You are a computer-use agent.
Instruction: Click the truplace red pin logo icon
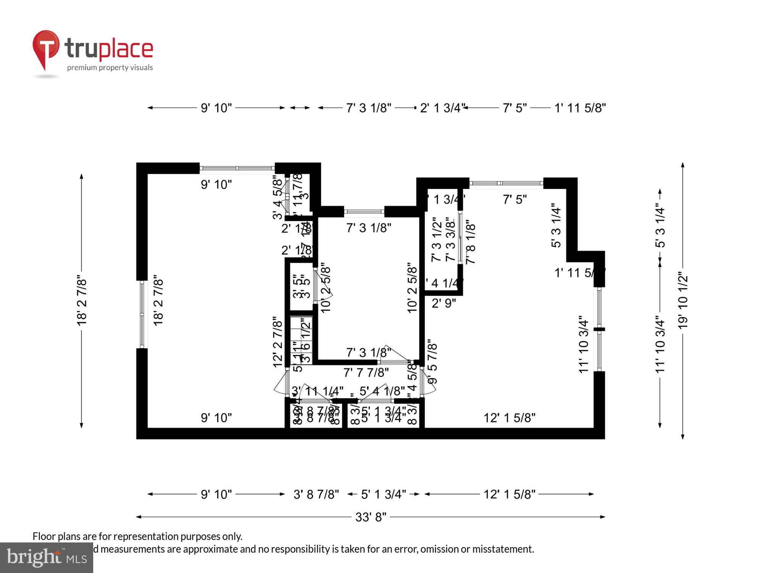46,48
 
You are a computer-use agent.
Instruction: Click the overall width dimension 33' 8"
371,517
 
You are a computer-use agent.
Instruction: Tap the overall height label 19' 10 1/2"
683,301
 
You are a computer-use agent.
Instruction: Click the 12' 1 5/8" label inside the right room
509,418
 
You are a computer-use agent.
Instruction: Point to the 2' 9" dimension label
444,303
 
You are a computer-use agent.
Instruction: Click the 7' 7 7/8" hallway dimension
366,372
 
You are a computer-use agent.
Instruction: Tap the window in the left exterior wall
142,314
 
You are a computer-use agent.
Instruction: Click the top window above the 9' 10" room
237,168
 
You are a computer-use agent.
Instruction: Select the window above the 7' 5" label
506,183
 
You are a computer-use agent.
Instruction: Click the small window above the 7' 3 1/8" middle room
364,211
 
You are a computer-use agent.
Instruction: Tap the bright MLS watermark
47,558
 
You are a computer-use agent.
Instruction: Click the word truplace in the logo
109,49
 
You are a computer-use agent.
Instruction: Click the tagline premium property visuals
110,68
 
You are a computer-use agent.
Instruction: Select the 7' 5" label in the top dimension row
515,108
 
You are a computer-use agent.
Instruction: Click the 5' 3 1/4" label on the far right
660,227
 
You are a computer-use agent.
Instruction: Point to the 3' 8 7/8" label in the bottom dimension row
316,494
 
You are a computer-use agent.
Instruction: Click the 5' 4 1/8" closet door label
382,391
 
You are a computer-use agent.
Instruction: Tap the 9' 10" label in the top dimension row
216,108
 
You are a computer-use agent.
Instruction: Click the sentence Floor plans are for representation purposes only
138,536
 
